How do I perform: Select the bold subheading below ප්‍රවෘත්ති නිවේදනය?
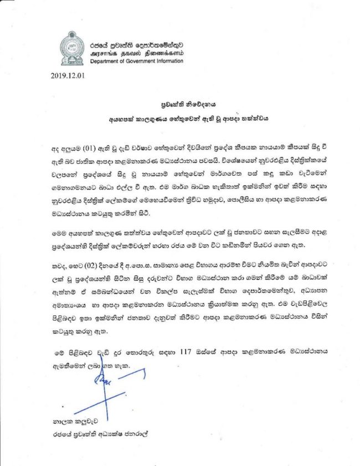pos(179,118)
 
